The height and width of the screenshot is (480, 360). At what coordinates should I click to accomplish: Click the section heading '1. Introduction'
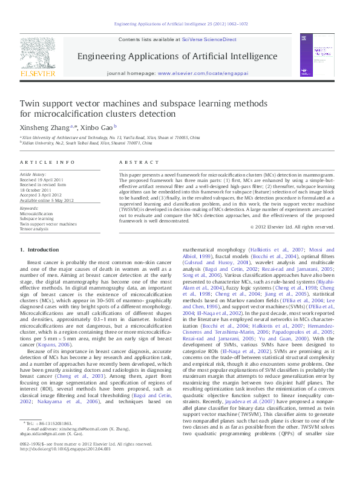39,250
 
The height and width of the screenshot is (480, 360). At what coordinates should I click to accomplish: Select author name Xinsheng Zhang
44,128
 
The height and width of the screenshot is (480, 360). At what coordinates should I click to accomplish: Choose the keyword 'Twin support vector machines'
48,224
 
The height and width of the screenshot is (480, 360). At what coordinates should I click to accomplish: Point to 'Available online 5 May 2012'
47,199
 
